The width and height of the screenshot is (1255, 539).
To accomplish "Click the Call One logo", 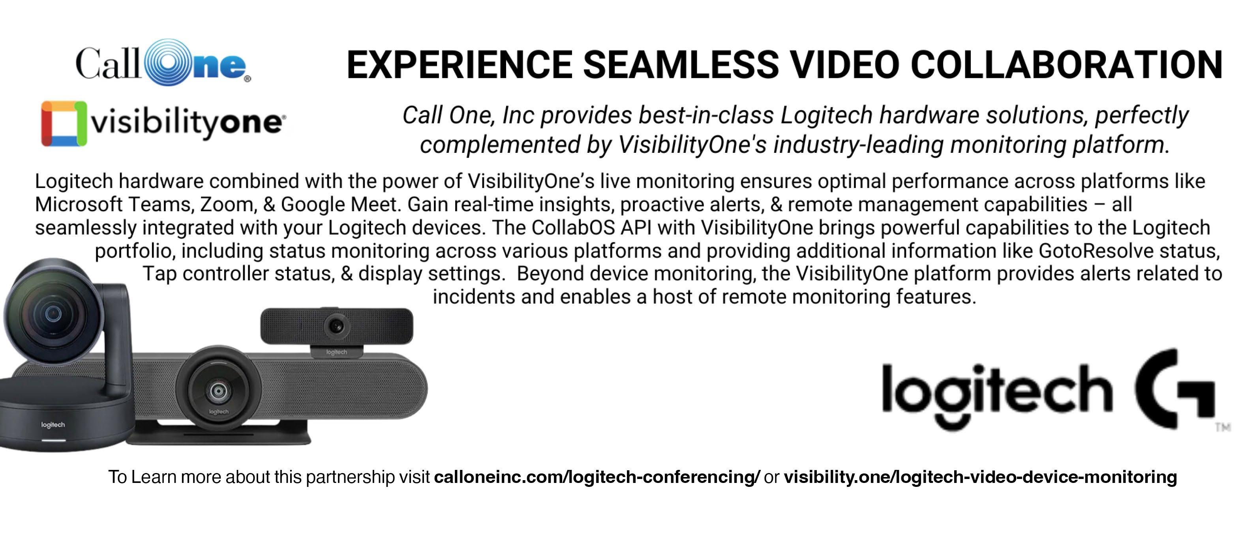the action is (x=163, y=63).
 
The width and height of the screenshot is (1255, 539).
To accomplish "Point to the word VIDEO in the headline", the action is (x=845, y=64).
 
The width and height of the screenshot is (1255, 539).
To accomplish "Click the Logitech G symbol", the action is (x=1174, y=389).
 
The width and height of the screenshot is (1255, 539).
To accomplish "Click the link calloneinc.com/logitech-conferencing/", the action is (x=597, y=477).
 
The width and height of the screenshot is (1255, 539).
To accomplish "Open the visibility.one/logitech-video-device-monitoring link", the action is (x=980, y=477).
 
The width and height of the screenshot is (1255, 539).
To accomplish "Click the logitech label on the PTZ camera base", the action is (x=53, y=425).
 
